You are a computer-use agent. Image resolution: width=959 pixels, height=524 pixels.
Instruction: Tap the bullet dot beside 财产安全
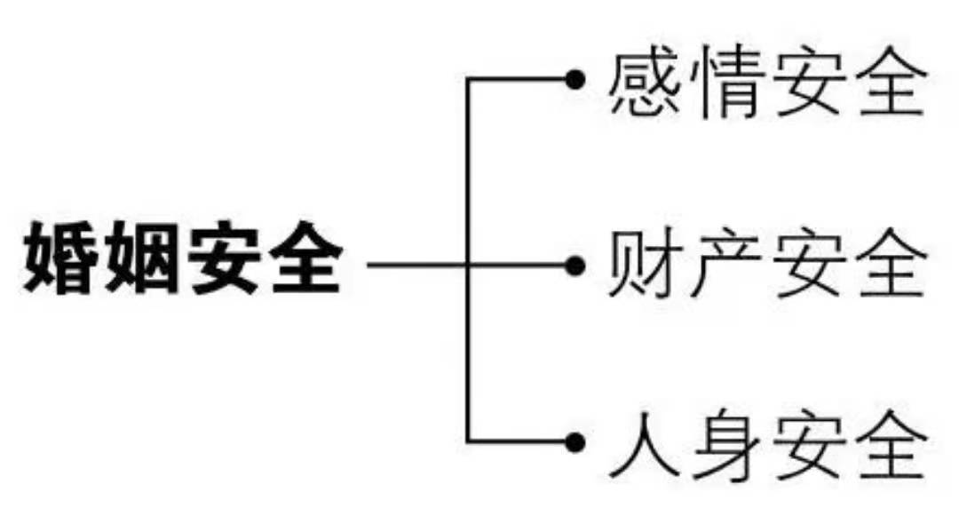pos(575,265)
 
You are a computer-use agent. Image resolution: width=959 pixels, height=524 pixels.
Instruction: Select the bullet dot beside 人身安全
pos(575,441)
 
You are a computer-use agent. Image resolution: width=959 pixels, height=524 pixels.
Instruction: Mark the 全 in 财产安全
pos(886,265)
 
